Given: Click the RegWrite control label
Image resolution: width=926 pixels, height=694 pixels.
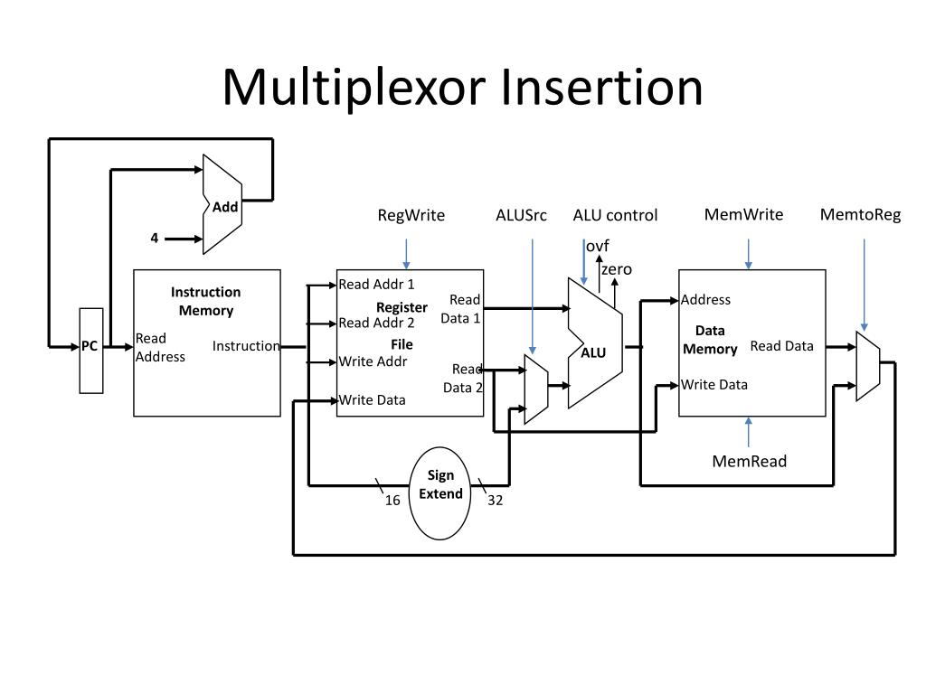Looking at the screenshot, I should click(x=411, y=215).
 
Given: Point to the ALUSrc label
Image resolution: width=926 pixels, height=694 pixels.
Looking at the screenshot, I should click(x=521, y=215).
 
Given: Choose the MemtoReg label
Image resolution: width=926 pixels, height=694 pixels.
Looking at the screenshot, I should click(x=860, y=214).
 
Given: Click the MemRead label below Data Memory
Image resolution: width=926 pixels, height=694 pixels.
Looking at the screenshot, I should click(x=749, y=462).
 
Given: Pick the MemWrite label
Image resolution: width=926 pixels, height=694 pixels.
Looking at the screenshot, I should click(x=743, y=214).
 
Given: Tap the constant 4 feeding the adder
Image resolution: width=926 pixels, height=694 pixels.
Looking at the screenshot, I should click(x=155, y=239).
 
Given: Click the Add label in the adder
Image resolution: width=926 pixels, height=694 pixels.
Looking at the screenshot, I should click(x=225, y=207).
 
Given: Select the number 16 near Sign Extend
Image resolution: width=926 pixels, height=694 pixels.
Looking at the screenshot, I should click(x=392, y=501).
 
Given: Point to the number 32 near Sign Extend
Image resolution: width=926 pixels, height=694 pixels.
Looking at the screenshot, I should click(x=495, y=501).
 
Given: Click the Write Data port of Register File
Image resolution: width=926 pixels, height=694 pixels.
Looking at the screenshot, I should click(x=372, y=400).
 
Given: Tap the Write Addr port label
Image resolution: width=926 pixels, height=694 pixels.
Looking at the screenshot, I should click(x=373, y=361).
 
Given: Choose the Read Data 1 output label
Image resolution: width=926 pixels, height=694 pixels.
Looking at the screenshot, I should click(x=461, y=309).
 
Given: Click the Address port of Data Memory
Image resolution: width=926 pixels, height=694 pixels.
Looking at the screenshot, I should click(x=705, y=300).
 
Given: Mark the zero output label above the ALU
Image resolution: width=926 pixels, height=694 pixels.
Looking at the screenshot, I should click(x=617, y=269).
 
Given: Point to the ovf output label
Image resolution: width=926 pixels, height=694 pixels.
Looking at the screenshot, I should click(x=598, y=247).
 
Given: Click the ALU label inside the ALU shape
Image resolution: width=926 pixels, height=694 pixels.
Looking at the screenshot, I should click(x=593, y=353).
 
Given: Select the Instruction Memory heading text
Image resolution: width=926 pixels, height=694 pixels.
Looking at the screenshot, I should click(x=206, y=301).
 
